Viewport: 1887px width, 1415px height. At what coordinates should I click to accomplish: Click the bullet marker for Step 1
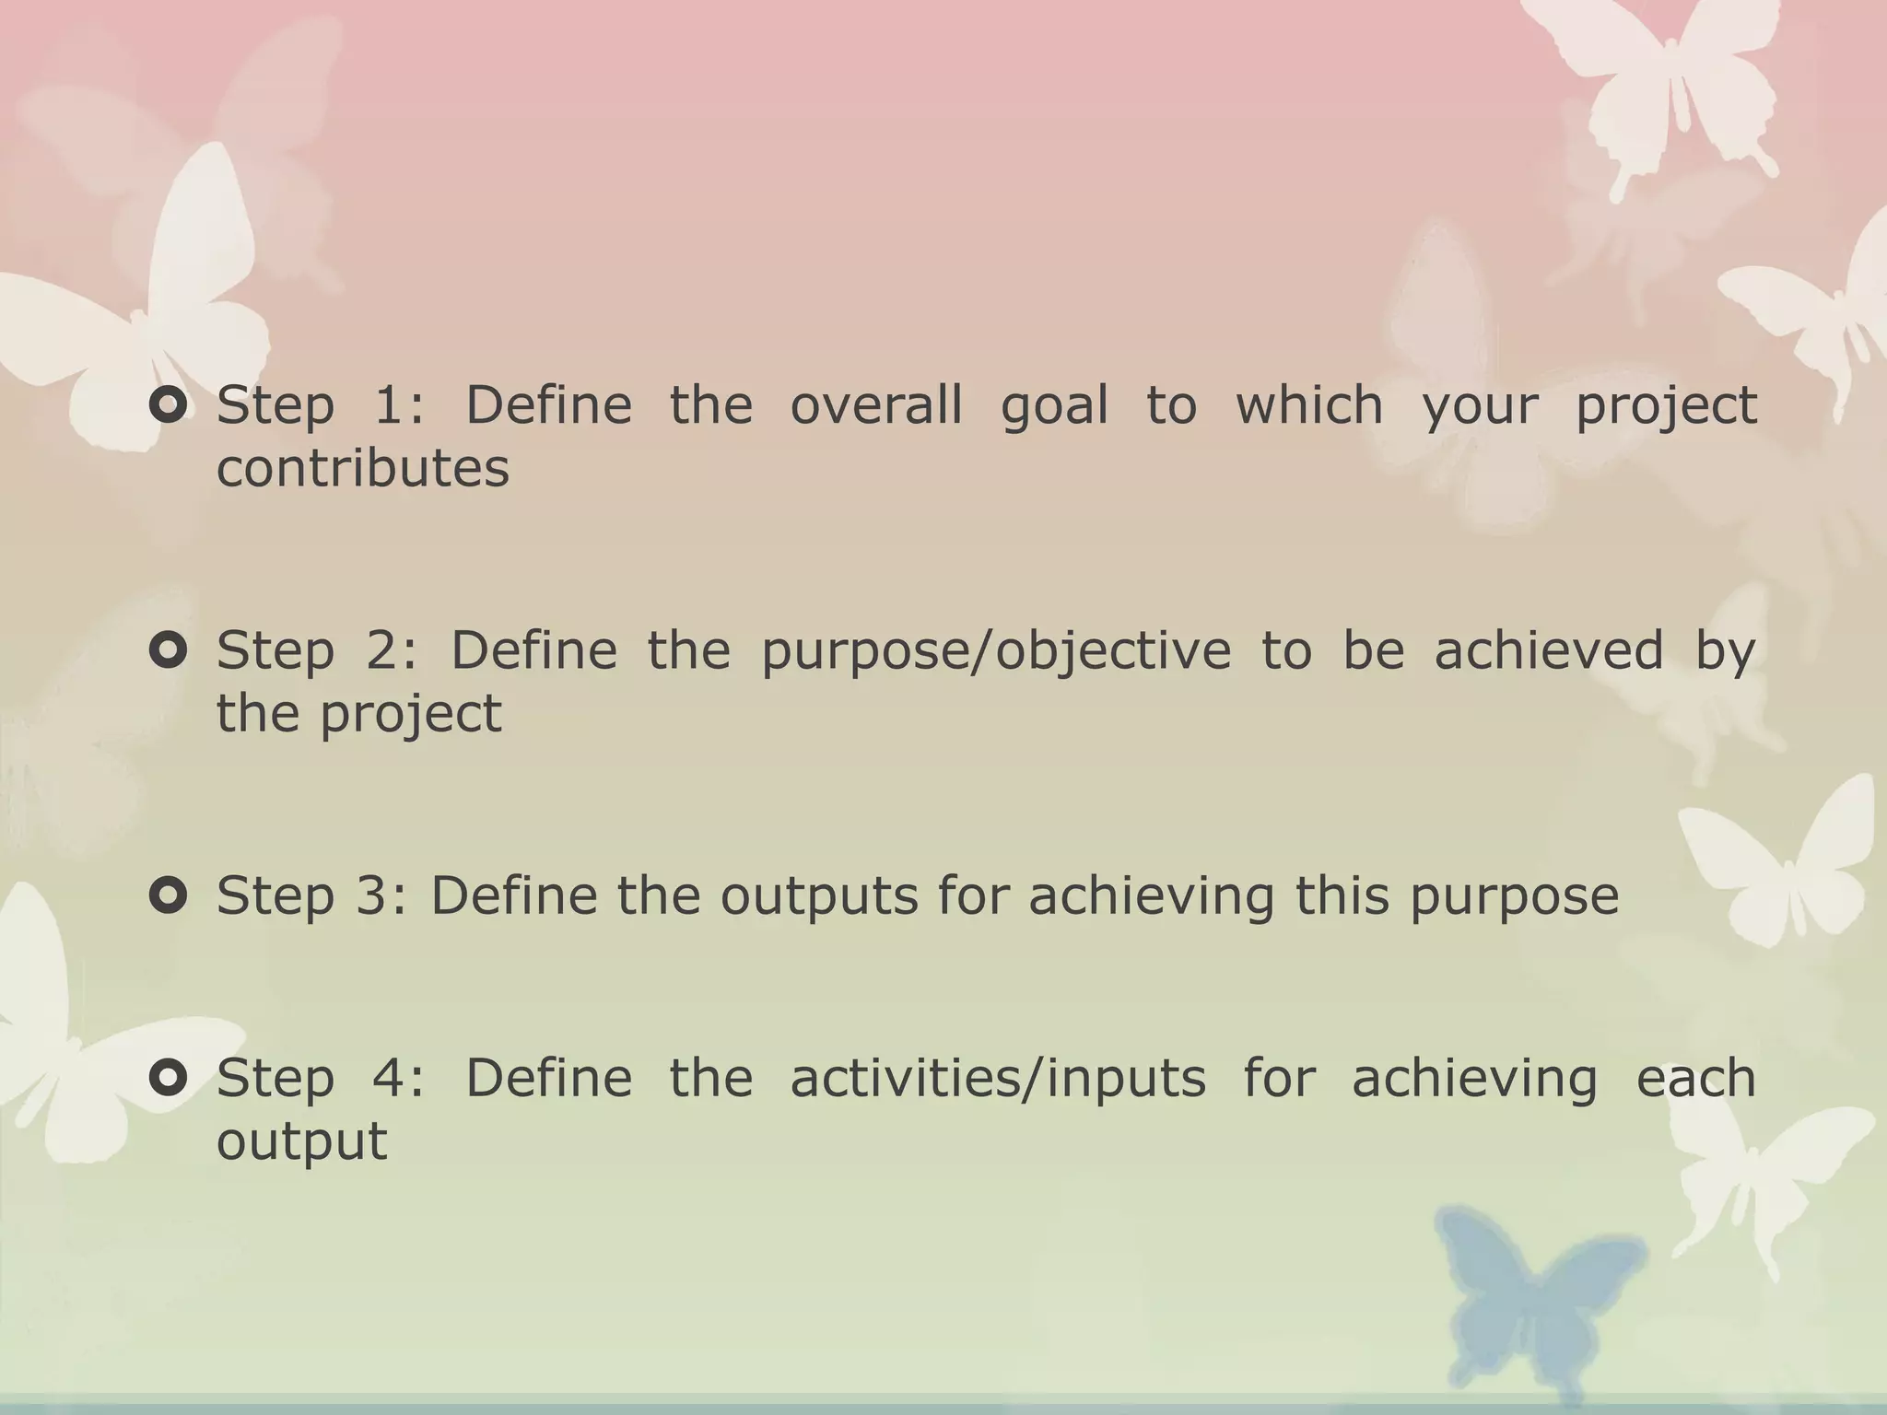point(169,405)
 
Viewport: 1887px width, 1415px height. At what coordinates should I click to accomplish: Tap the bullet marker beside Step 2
point(169,650)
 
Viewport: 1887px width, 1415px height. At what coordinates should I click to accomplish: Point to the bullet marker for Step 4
point(169,1077)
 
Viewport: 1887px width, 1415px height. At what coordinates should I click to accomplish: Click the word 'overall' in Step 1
point(876,405)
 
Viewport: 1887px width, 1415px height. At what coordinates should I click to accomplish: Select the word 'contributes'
point(362,468)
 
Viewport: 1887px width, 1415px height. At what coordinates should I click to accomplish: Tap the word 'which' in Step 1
point(1308,405)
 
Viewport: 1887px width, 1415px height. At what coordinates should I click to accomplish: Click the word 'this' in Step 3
point(1342,895)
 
